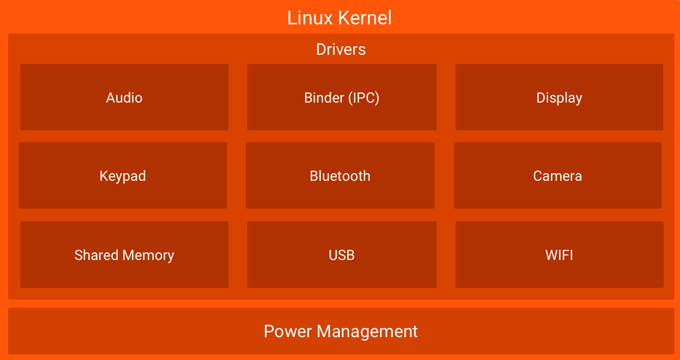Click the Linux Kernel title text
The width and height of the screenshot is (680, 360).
pos(339,18)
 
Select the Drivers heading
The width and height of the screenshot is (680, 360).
pos(341,49)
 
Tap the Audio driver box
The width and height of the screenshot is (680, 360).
pos(124,97)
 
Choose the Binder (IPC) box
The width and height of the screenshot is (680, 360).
pos(342,97)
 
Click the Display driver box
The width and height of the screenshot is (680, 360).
pos(559,97)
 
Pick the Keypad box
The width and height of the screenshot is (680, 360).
pos(123,176)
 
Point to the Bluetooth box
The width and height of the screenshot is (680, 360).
pos(340,176)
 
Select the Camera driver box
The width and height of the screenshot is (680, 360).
pos(558,176)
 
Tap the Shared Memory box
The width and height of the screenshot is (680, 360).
pos(124,255)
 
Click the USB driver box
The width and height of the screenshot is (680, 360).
pos(342,255)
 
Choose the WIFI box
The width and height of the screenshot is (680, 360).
pos(559,255)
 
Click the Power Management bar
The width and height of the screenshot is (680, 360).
pos(341,332)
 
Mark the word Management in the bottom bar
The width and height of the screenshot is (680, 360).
pos(367,332)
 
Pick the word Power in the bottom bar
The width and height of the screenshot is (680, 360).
pos(288,332)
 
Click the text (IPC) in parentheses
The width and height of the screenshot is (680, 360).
pos(364,97)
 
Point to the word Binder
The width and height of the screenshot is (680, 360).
pos(324,97)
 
